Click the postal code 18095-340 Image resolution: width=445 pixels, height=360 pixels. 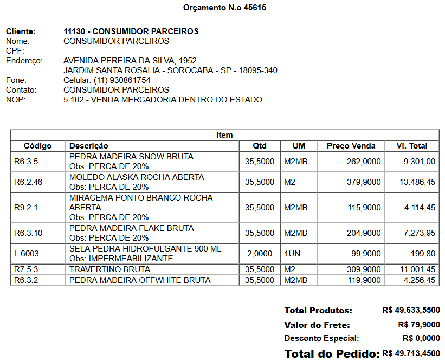tap(259, 70)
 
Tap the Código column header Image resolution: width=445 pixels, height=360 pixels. tap(38, 146)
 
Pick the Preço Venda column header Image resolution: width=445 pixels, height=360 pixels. tap(351, 146)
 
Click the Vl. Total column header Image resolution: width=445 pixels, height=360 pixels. tap(411, 146)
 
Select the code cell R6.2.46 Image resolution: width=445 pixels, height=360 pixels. tap(28, 182)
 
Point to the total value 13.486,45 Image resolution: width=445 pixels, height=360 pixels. tap(417, 182)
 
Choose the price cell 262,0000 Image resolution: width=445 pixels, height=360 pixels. tap(364, 162)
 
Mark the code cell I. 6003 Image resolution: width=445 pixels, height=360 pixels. tap(27, 254)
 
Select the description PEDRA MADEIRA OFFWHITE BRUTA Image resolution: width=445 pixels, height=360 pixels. tap(140, 280)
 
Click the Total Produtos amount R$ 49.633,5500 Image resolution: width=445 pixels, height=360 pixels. tap(411, 311)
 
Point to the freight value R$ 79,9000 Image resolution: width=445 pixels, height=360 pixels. tap(418, 325)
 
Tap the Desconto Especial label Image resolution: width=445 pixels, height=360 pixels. tap(318, 339)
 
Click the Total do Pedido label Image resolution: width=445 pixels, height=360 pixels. tap(332, 354)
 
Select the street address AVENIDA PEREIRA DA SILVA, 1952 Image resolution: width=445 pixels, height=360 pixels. tap(130, 61)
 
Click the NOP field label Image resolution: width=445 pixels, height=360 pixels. tap(16, 100)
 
